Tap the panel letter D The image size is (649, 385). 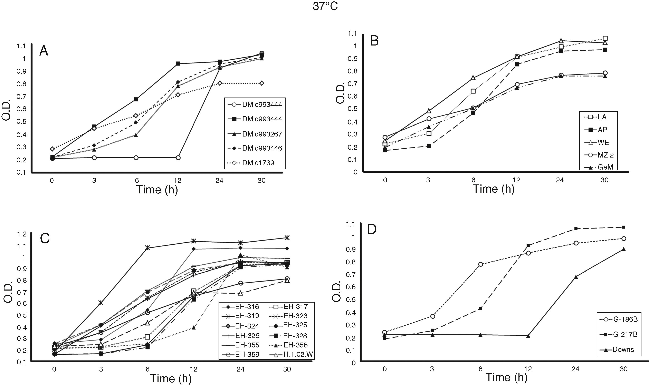click(372, 230)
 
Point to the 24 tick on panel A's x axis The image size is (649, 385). click(219, 181)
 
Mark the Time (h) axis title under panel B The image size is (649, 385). click(493, 189)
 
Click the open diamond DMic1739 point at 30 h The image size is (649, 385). click(261, 83)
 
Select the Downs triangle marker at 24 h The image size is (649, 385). click(576, 277)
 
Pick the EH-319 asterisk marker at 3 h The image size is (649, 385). click(101, 303)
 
